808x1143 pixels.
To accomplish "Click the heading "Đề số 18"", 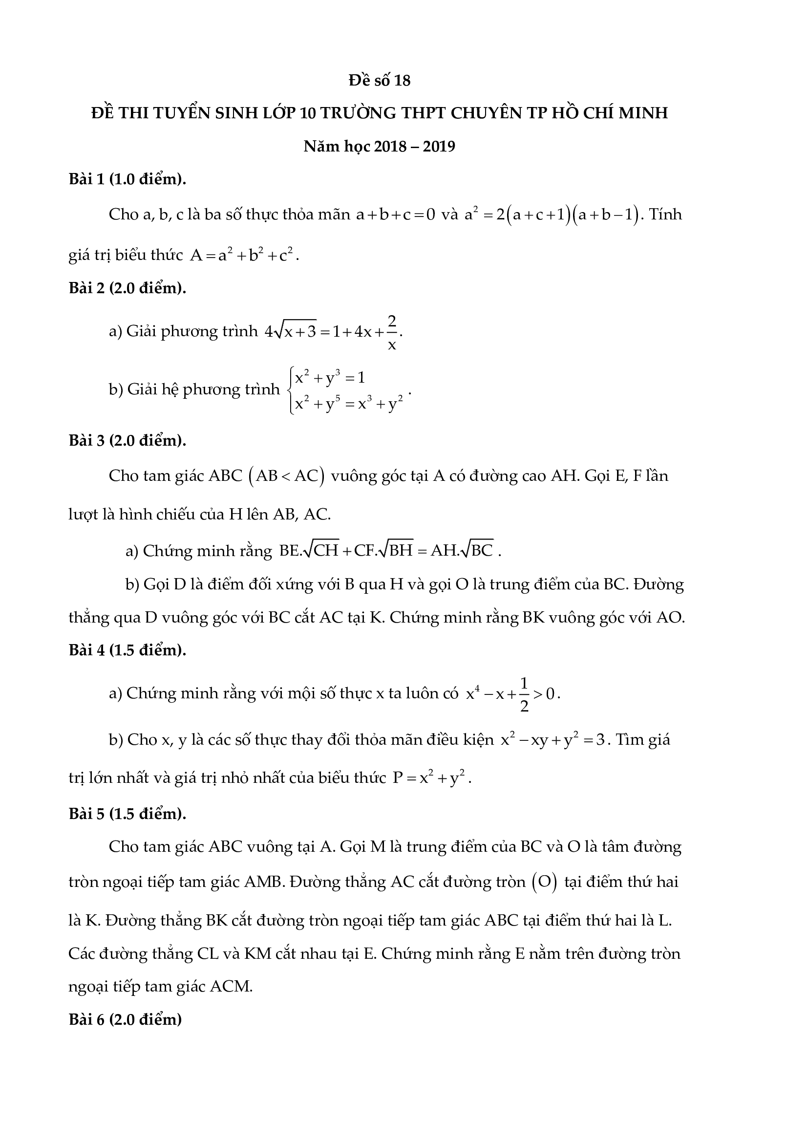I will coord(380,80).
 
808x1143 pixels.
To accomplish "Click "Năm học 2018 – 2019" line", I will coord(380,147).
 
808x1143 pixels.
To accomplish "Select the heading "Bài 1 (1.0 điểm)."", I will coord(128,179).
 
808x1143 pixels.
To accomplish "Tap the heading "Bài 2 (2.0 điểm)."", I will coord(128,288).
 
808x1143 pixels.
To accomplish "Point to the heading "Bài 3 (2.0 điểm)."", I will coord(128,440).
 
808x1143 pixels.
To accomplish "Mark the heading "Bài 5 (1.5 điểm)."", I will coord(128,814).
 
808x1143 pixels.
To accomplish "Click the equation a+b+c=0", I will coord(396,215).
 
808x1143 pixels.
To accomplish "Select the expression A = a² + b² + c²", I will coord(244,256).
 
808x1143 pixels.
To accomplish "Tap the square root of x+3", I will coord(297,330).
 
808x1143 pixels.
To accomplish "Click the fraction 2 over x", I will coord(392,331).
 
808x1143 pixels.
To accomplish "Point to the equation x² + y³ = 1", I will coord(330,378).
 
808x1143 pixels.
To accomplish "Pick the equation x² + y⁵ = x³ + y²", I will coord(349,404).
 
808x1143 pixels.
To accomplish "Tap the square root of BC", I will coord(478,550).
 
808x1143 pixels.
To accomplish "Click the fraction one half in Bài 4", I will coord(524,693).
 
